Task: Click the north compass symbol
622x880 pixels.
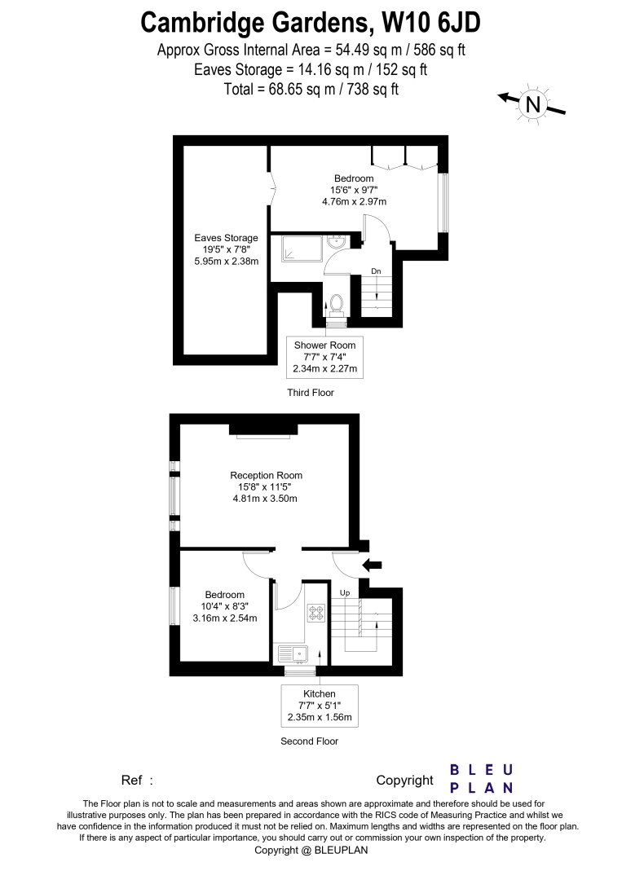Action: coord(532,104)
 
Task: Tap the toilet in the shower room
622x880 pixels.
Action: coord(337,304)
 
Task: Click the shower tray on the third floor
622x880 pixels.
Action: coord(302,249)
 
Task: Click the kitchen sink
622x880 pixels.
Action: coord(293,654)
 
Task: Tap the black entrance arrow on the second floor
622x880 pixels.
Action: coord(373,565)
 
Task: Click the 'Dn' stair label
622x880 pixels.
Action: coord(376,271)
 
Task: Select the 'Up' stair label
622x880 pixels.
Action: coord(345,592)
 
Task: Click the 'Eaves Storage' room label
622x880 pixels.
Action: coord(227,238)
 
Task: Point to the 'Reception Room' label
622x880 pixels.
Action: coord(266,475)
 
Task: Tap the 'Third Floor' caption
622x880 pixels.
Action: coord(311,392)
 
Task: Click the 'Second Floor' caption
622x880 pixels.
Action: coord(309,741)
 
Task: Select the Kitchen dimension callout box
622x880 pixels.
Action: coord(320,706)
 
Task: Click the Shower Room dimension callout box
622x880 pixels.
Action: coord(324,357)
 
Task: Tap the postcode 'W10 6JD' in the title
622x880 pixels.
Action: coord(431,24)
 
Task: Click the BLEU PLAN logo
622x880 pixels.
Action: coord(482,779)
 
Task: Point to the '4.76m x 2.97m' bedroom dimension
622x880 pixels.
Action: coord(354,201)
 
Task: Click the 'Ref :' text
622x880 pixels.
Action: coord(137,780)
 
